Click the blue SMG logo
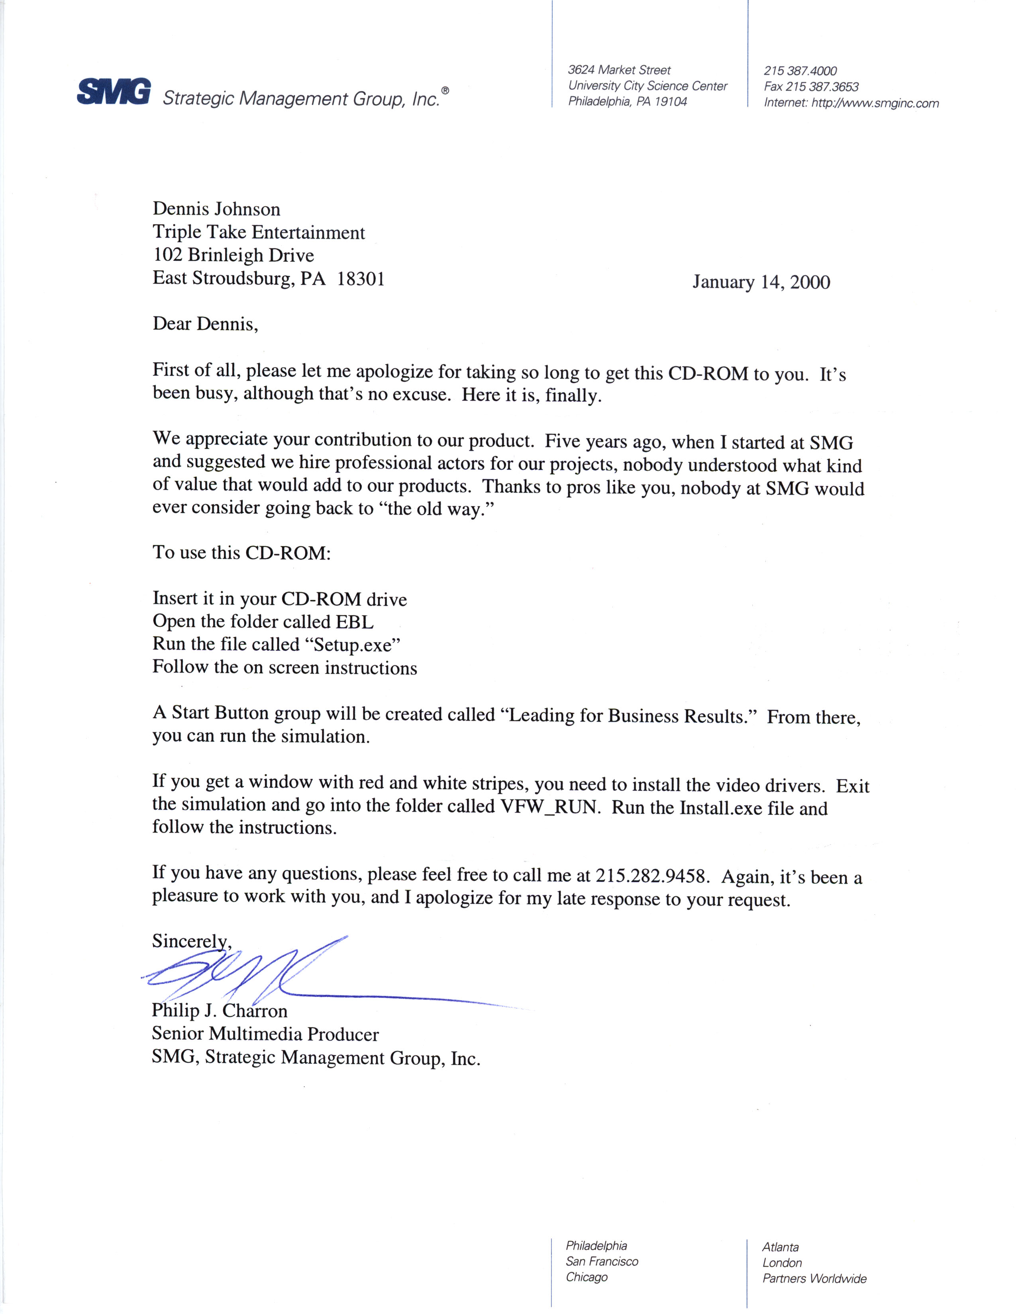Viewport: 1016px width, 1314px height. coord(114,92)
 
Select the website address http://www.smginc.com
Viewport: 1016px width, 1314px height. coord(875,103)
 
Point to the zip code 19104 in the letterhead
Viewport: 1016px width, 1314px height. coord(671,102)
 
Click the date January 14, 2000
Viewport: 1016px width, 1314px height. coord(761,282)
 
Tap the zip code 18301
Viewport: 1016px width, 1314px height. coord(361,279)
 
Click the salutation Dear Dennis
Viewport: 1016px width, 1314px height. coord(205,324)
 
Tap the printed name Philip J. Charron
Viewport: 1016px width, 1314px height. coord(219,1011)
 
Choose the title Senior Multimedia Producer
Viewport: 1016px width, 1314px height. coord(265,1034)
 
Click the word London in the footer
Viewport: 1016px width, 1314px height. coord(782,1263)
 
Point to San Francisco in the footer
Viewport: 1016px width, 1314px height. coord(601,1262)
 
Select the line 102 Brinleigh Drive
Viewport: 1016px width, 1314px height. coord(233,256)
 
